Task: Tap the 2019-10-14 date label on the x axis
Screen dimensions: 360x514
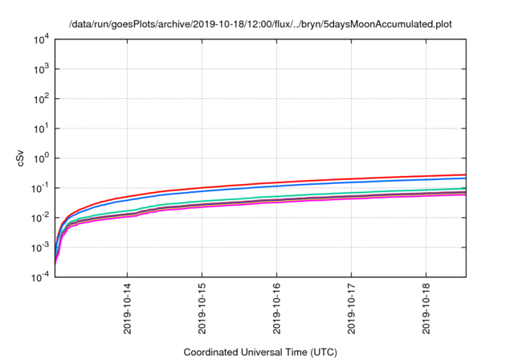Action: [x=128, y=308]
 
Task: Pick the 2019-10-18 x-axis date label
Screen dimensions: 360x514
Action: [x=426, y=308]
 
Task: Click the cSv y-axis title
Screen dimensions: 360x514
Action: [x=20, y=158]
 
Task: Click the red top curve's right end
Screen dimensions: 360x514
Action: [x=465, y=174]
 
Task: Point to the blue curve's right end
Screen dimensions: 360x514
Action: [x=465, y=178]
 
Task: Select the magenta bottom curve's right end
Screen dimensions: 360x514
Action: [x=465, y=194]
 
